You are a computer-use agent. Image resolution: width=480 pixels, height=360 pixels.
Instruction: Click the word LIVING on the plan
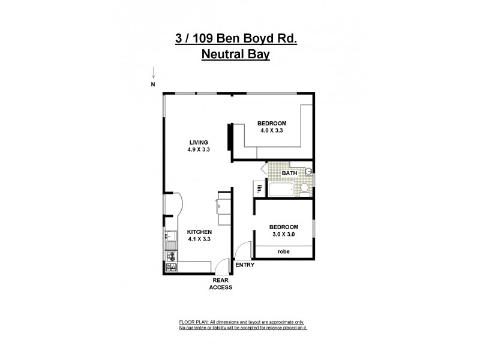click(x=199, y=142)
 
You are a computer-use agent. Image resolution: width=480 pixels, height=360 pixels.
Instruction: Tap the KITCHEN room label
click(x=199, y=232)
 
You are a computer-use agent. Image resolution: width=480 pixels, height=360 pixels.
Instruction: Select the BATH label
click(x=290, y=174)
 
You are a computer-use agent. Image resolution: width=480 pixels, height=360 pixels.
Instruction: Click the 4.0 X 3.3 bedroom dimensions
click(x=271, y=130)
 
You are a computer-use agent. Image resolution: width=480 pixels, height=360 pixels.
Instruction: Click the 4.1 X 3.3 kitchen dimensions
click(x=199, y=239)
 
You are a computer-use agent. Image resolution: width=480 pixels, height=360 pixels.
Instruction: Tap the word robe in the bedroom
click(x=283, y=252)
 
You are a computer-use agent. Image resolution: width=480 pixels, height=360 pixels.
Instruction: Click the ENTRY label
click(x=245, y=265)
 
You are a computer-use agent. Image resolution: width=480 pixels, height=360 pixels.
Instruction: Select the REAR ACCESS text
click(x=220, y=284)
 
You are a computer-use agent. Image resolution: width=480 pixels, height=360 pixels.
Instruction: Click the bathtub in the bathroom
click(x=280, y=191)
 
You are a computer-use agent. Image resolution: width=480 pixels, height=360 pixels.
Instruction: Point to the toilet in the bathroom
click(x=304, y=190)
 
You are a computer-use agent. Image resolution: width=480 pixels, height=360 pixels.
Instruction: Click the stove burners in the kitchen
click(x=170, y=260)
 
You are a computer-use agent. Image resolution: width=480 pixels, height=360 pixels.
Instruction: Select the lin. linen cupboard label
click(x=260, y=189)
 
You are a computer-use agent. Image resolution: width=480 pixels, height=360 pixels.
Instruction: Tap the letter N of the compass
click(x=153, y=85)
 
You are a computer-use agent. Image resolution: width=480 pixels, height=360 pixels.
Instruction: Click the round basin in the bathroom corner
click(x=308, y=170)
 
